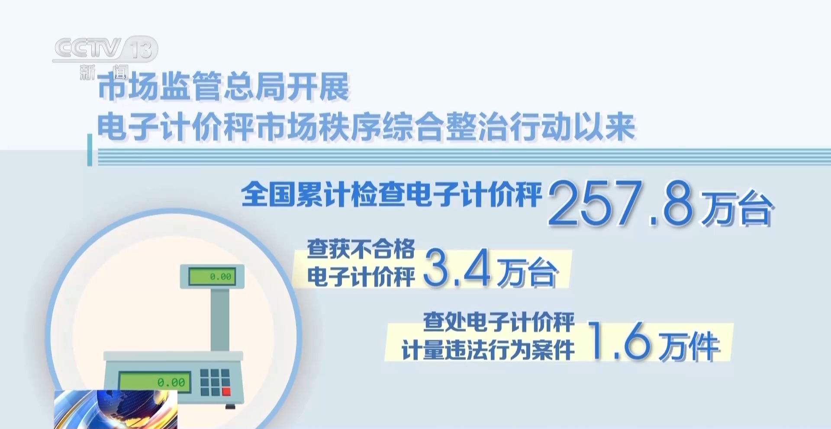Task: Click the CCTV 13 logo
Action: click(105, 48)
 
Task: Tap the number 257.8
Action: click(621, 203)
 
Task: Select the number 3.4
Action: click(457, 268)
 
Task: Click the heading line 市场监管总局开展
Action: click(223, 87)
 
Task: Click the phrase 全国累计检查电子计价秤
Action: click(392, 194)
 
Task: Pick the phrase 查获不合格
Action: click(361, 249)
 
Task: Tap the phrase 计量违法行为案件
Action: click(488, 350)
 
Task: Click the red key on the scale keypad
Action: click(226, 391)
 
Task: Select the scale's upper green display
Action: click(212, 276)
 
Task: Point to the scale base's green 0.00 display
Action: click(155, 382)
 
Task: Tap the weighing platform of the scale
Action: click(173, 356)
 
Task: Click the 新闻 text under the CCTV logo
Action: click(104, 72)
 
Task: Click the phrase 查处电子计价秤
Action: click(499, 322)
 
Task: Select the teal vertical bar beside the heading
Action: click(90, 150)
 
